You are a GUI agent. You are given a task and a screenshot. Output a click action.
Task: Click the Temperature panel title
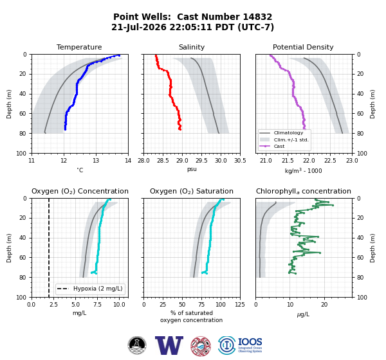tap(79, 47)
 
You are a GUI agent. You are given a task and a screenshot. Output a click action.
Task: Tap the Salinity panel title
tap(192, 47)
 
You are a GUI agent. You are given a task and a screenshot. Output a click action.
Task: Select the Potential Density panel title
tap(303, 47)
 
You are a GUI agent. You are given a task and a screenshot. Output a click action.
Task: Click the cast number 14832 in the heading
tap(257, 17)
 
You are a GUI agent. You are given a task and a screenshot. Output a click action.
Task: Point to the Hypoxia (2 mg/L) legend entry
tap(90, 289)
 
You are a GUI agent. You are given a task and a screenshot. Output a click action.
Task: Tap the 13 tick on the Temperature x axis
tap(96, 161)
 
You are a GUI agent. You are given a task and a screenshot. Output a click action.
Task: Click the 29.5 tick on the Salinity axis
tap(201, 161)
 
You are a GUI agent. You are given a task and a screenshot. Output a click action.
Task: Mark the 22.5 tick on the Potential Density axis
tap(331, 161)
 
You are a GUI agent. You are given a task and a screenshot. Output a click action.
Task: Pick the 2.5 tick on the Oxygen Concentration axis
tap(53, 304)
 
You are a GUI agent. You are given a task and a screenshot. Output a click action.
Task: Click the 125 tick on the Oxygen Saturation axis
tap(240, 304)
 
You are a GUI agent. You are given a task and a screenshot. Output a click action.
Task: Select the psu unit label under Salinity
tap(192, 170)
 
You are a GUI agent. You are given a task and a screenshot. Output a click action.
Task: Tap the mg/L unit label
tap(79, 313)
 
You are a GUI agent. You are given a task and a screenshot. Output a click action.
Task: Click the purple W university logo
tap(169, 345)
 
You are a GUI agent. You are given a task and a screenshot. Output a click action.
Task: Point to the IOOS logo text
tap(250, 342)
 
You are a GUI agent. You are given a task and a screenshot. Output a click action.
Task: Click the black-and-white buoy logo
tap(137, 345)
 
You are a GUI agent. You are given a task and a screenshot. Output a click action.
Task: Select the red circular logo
tap(201, 346)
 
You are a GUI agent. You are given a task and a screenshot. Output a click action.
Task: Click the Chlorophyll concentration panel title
tap(304, 191)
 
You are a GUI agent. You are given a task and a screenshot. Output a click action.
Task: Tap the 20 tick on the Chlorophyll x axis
tap(324, 304)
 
